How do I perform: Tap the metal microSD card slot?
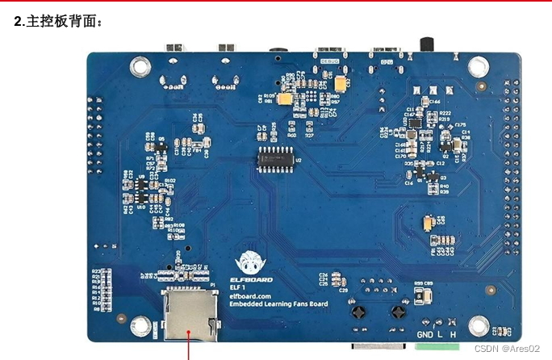coord(188,315)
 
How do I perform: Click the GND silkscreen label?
coord(424,335)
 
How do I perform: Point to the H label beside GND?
coord(452,335)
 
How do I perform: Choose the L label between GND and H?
coord(440,335)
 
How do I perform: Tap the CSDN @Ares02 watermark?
coord(506,349)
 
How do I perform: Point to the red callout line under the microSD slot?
coord(189,349)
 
